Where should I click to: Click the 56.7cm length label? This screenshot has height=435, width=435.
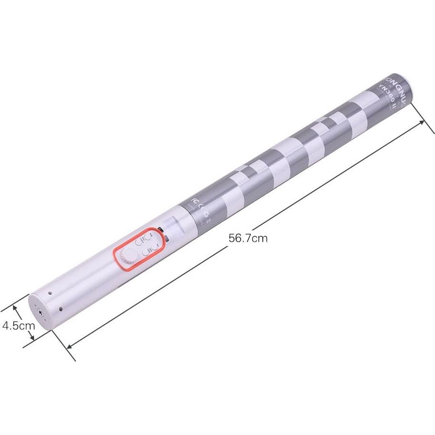click(x=247, y=238)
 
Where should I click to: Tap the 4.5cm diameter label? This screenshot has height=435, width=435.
click(x=18, y=326)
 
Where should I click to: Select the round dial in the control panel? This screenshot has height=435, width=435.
click(x=128, y=256)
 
